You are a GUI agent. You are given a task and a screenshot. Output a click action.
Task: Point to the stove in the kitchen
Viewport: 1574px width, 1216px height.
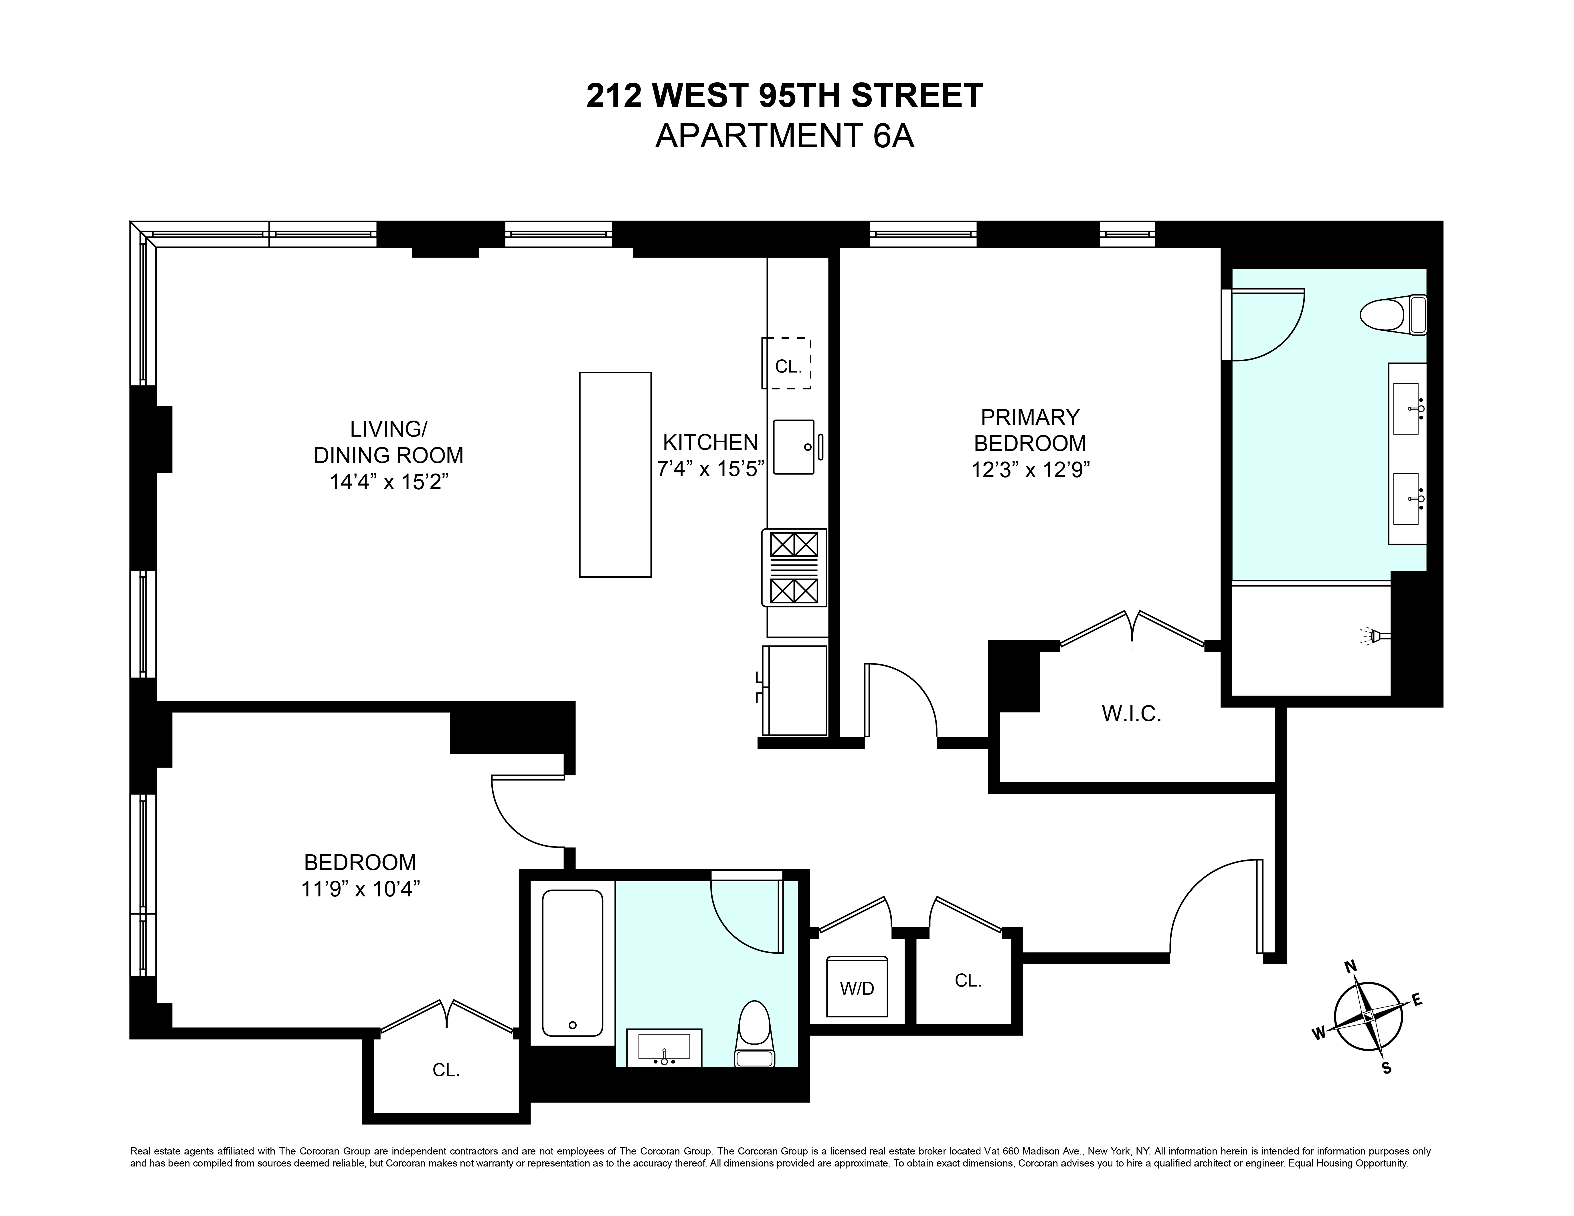[x=794, y=568]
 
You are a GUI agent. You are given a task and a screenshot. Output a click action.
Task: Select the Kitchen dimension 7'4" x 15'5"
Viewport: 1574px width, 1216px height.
[x=710, y=469]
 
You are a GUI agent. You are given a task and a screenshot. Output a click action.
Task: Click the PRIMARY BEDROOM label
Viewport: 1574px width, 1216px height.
[x=1030, y=429]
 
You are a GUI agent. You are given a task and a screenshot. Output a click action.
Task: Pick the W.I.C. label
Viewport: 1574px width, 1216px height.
[x=1131, y=714]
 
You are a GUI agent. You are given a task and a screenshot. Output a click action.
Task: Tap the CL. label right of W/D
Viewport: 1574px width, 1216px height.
[x=968, y=981]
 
